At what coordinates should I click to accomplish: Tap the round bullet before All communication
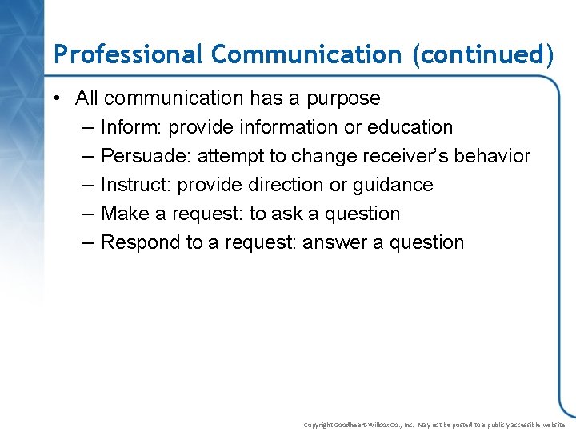[61, 98]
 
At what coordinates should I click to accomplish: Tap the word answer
[334, 242]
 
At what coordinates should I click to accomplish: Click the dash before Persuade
[87, 156]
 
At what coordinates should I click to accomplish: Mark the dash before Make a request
[87, 214]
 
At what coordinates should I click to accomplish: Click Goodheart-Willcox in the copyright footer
[370, 425]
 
